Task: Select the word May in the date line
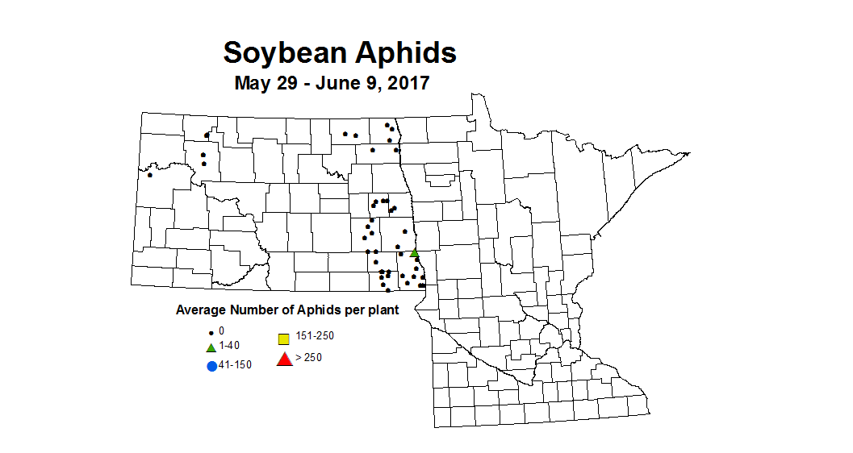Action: [x=251, y=82]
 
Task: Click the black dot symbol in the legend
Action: [x=211, y=332]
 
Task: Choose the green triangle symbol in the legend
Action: [x=211, y=347]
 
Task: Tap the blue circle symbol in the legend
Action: [x=212, y=366]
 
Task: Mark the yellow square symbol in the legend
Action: [x=283, y=339]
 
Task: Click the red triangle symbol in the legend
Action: [x=284, y=359]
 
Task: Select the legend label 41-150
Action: [x=236, y=365]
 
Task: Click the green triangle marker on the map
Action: [x=414, y=253]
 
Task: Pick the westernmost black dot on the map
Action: [x=150, y=174]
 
